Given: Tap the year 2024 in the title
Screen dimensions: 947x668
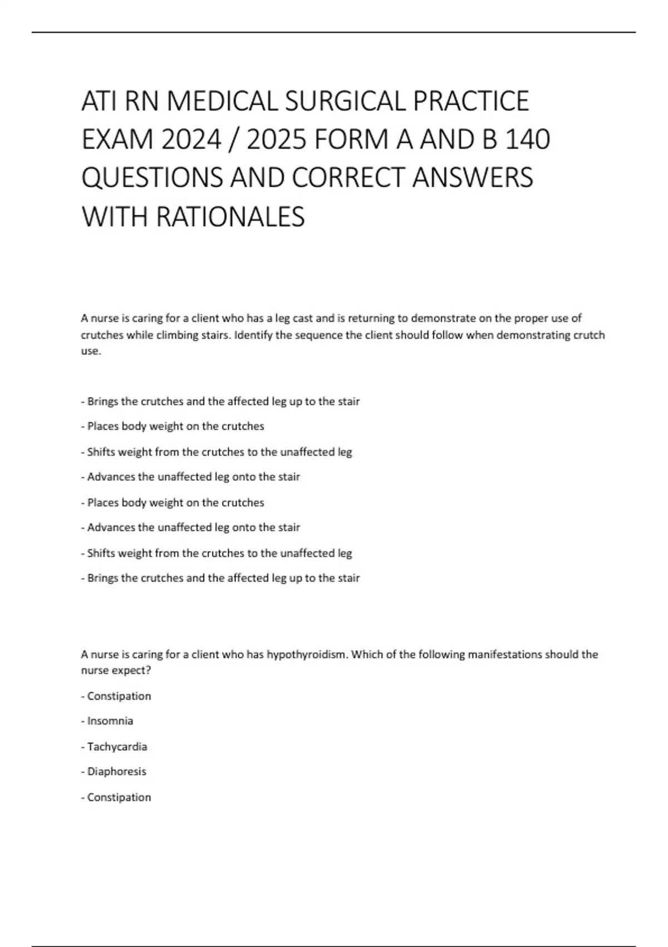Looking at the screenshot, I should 191,140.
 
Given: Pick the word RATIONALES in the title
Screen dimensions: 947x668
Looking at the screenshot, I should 230,217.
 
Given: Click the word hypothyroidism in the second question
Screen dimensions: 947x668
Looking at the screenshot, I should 307,654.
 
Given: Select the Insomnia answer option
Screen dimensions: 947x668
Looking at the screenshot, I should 110,721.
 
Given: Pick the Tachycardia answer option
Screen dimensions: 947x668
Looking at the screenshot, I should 117,746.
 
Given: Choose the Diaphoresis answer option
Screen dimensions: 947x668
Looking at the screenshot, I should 116,772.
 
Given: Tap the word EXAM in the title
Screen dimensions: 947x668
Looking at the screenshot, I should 117,140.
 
